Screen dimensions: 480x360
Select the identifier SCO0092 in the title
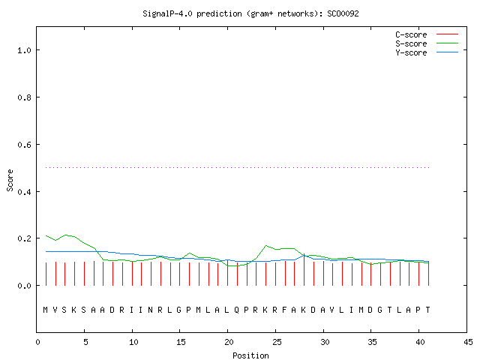343,13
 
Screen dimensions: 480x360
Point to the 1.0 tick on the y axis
25,50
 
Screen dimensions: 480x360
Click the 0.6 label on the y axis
25,145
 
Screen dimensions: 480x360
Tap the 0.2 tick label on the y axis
25,238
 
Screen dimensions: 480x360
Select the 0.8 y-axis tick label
25,97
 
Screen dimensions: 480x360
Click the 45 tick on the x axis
468,342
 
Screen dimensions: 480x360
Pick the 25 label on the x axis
277,342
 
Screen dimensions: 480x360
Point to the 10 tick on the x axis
133,342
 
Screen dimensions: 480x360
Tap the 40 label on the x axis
420,342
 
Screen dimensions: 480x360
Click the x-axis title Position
250,355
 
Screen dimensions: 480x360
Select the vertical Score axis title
10,180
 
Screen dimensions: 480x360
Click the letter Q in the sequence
237,310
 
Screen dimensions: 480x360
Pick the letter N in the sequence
150,310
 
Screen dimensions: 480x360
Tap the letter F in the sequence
284,310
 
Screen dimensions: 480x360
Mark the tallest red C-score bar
304,269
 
